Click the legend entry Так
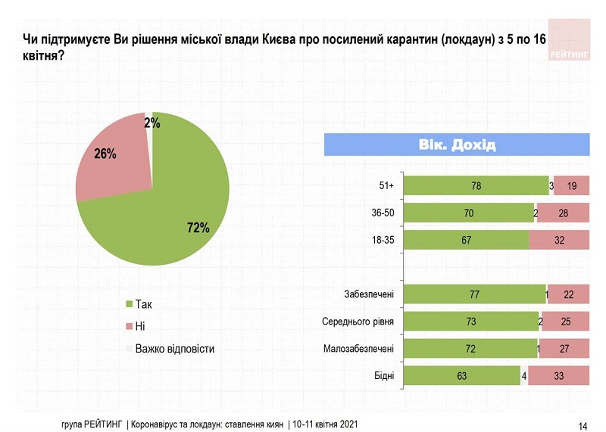143,304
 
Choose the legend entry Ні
140,326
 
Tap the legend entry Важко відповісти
174,349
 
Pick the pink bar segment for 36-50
564,213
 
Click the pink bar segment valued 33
558,375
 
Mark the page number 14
583,424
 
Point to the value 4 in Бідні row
523,375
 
